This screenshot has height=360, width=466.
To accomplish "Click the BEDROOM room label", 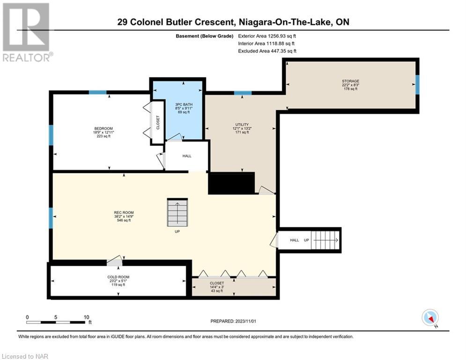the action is point(104,128).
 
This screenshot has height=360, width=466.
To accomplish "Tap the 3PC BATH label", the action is point(184,105).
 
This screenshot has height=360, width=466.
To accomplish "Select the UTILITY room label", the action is point(242,125).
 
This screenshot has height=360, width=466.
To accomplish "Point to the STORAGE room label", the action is point(350,81).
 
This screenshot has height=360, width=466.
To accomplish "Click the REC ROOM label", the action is point(124,212).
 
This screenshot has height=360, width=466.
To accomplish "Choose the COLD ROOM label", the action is point(118,277).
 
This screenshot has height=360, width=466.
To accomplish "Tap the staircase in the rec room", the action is point(178,212).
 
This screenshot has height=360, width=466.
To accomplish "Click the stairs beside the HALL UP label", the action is point(325,240).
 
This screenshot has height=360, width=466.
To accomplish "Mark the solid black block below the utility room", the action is point(231,183).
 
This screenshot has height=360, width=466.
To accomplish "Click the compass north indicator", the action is point(430,318).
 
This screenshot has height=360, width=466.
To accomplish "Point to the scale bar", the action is point(56,322).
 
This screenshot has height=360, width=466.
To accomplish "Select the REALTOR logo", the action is point(27,32).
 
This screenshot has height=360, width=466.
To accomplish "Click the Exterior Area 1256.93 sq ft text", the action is point(267,36).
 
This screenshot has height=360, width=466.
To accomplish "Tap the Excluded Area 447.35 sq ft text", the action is point(267,51).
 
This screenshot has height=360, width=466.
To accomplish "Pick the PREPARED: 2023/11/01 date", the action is point(233,321).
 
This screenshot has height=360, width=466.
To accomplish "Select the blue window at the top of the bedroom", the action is point(98,92).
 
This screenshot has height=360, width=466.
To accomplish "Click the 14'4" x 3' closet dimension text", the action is point(217,287).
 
